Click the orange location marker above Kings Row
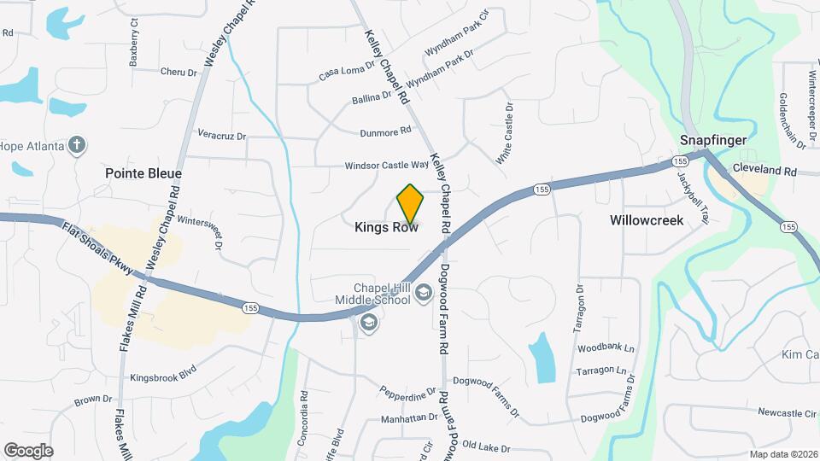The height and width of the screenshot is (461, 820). (x=410, y=201)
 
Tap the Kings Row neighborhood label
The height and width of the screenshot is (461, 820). (x=386, y=228)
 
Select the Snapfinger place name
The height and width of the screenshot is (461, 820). (x=713, y=140)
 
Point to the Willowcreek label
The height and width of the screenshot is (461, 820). (x=647, y=220)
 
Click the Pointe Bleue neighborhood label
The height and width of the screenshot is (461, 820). (x=143, y=173)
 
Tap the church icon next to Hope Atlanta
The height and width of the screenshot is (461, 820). (x=77, y=145)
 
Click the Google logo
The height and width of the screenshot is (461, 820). (x=28, y=450)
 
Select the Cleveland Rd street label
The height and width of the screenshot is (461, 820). (x=764, y=171)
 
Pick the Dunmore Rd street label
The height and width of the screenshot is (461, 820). (x=386, y=132)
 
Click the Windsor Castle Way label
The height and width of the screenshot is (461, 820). (x=386, y=165)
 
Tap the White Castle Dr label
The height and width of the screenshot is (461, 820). (x=506, y=134)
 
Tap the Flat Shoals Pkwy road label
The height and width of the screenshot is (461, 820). (x=97, y=249)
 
